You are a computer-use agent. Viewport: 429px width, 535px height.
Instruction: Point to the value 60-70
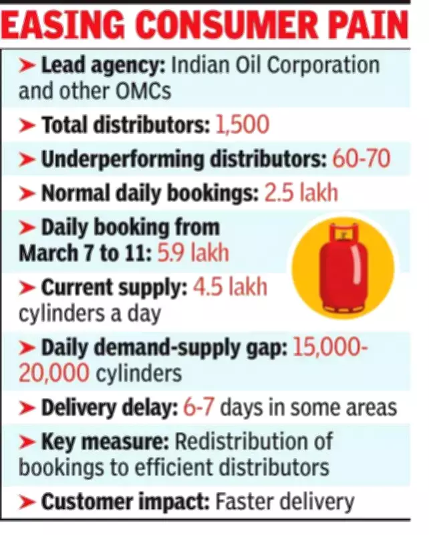[361, 160]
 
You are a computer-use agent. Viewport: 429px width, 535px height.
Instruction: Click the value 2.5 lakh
[301, 194]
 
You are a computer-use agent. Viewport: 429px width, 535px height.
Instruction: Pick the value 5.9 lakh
[193, 253]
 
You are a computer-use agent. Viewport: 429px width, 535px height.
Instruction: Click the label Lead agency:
[104, 66]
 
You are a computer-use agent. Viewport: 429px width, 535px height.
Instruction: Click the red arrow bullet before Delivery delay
[28, 407]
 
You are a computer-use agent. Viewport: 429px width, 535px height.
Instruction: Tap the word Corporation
[330, 66]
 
